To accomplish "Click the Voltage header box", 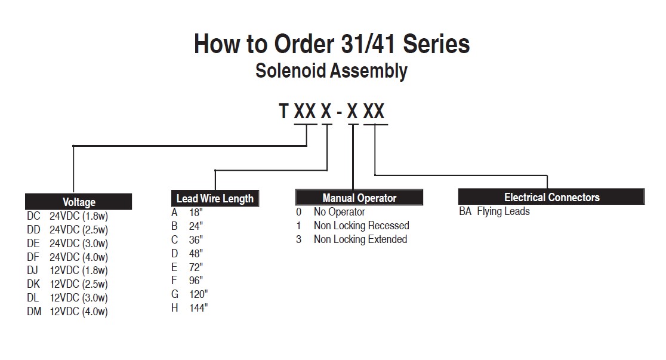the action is (79, 201).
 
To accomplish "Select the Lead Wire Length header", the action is (215, 198).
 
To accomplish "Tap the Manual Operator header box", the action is (359, 198).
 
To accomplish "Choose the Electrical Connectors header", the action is (551, 197).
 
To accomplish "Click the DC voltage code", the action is (33, 216).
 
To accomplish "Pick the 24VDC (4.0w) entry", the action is (79, 257).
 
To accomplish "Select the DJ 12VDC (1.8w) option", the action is (67, 270).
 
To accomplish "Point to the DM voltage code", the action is (34, 312).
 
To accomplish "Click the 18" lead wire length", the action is (196, 212).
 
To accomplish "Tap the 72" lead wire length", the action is (196, 267).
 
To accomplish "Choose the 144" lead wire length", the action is (198, 307).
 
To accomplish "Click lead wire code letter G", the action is (175, 294).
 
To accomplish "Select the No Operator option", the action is (340, 212).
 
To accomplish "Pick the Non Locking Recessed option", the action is (362, 225).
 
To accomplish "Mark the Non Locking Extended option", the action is (360, 239).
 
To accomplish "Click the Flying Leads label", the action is (503, 211).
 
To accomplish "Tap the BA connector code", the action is (465, 211).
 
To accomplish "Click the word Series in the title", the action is (436, 44).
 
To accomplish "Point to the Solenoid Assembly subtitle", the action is (331, 71).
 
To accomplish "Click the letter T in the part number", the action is (283, 112).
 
